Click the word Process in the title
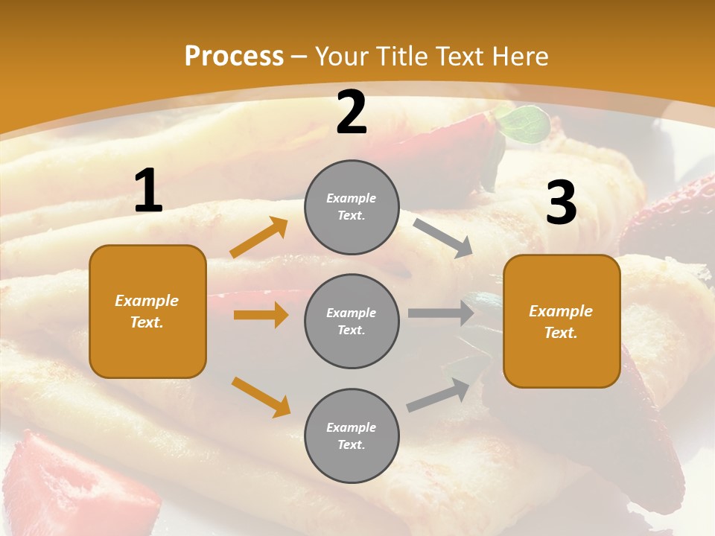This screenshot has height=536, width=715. [234, 56]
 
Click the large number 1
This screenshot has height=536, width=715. [148, 191]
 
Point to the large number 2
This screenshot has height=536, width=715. [352, 112]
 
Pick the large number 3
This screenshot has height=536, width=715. [561, 202]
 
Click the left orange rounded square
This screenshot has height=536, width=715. [147, 311]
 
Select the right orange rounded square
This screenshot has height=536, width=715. [562, 321]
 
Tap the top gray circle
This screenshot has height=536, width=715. [352, 207]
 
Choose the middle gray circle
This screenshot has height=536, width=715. [352, 321]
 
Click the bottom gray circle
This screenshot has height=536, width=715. [352, 435]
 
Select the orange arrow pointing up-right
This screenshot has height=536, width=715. [259, 237]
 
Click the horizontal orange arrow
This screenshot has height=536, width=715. [261, 315]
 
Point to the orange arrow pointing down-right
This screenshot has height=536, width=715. [261, 396]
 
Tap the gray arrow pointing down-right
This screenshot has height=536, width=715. [443, 237]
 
